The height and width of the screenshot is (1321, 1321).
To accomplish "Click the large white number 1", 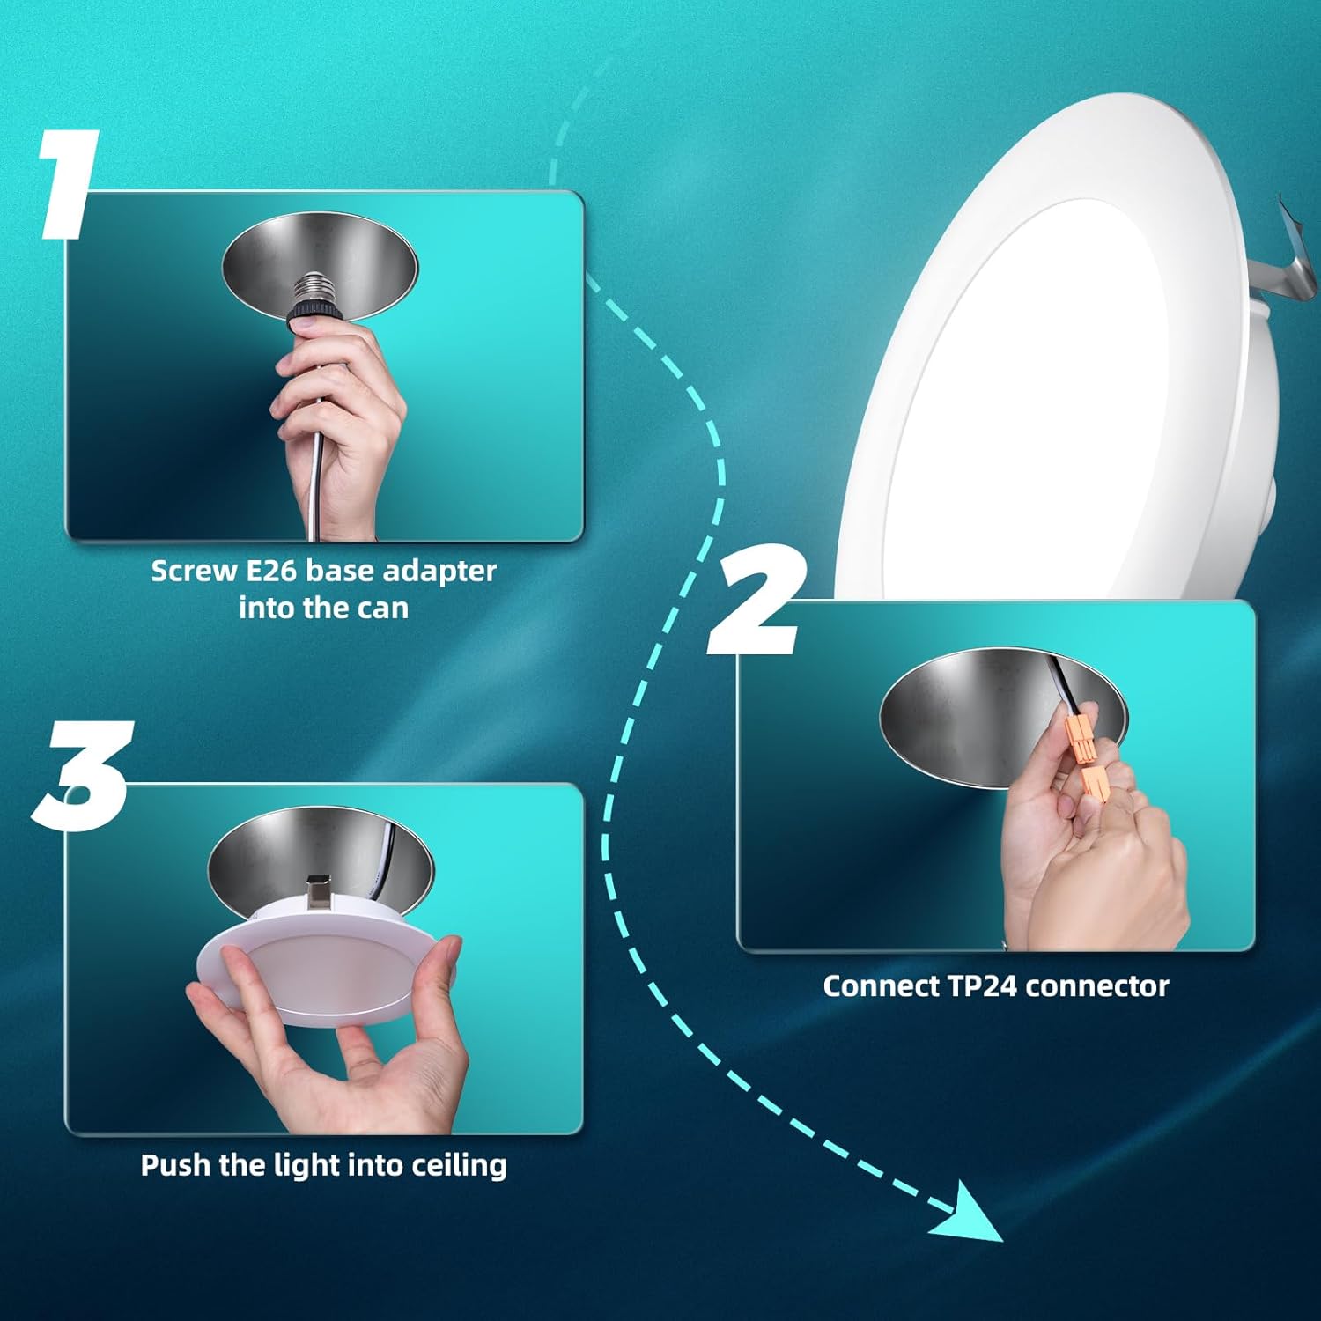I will (x=70, y=185).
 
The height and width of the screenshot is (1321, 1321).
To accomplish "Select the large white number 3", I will (x=84, y=775).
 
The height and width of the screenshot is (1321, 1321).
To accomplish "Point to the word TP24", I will (x=983, y=985).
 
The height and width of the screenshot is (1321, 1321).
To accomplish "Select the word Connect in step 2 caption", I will (x=881, y=985).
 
